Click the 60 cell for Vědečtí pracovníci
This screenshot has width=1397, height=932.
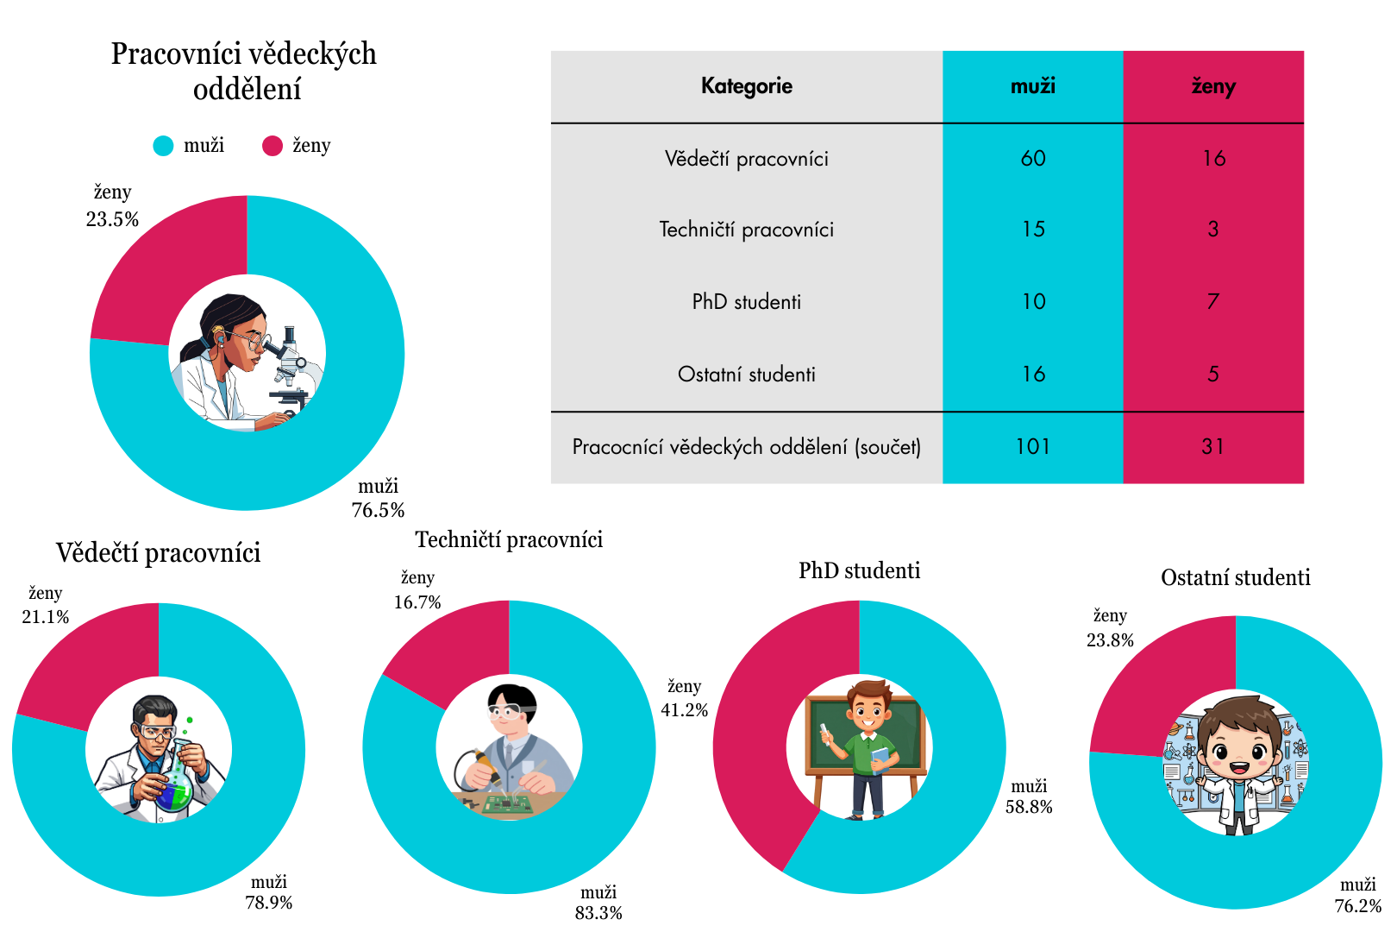1033,158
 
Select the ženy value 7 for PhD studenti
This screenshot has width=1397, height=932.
1212,301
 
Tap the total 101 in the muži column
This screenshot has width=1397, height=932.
1033,446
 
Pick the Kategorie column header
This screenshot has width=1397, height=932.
747,86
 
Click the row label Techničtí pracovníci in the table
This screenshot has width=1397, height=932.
747,230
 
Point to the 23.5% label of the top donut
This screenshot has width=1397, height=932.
112,219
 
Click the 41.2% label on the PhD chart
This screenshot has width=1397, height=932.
685,710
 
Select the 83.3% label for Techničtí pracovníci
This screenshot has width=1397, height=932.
598,912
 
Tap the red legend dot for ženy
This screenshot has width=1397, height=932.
273,146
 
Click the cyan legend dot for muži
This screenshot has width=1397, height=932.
163,146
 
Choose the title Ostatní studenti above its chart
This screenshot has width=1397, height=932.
1235,577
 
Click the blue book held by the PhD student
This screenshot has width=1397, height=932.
880,759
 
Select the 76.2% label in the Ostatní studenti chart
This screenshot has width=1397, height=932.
1357,906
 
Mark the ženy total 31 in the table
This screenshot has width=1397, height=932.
1212,446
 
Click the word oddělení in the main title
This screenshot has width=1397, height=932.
247,90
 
